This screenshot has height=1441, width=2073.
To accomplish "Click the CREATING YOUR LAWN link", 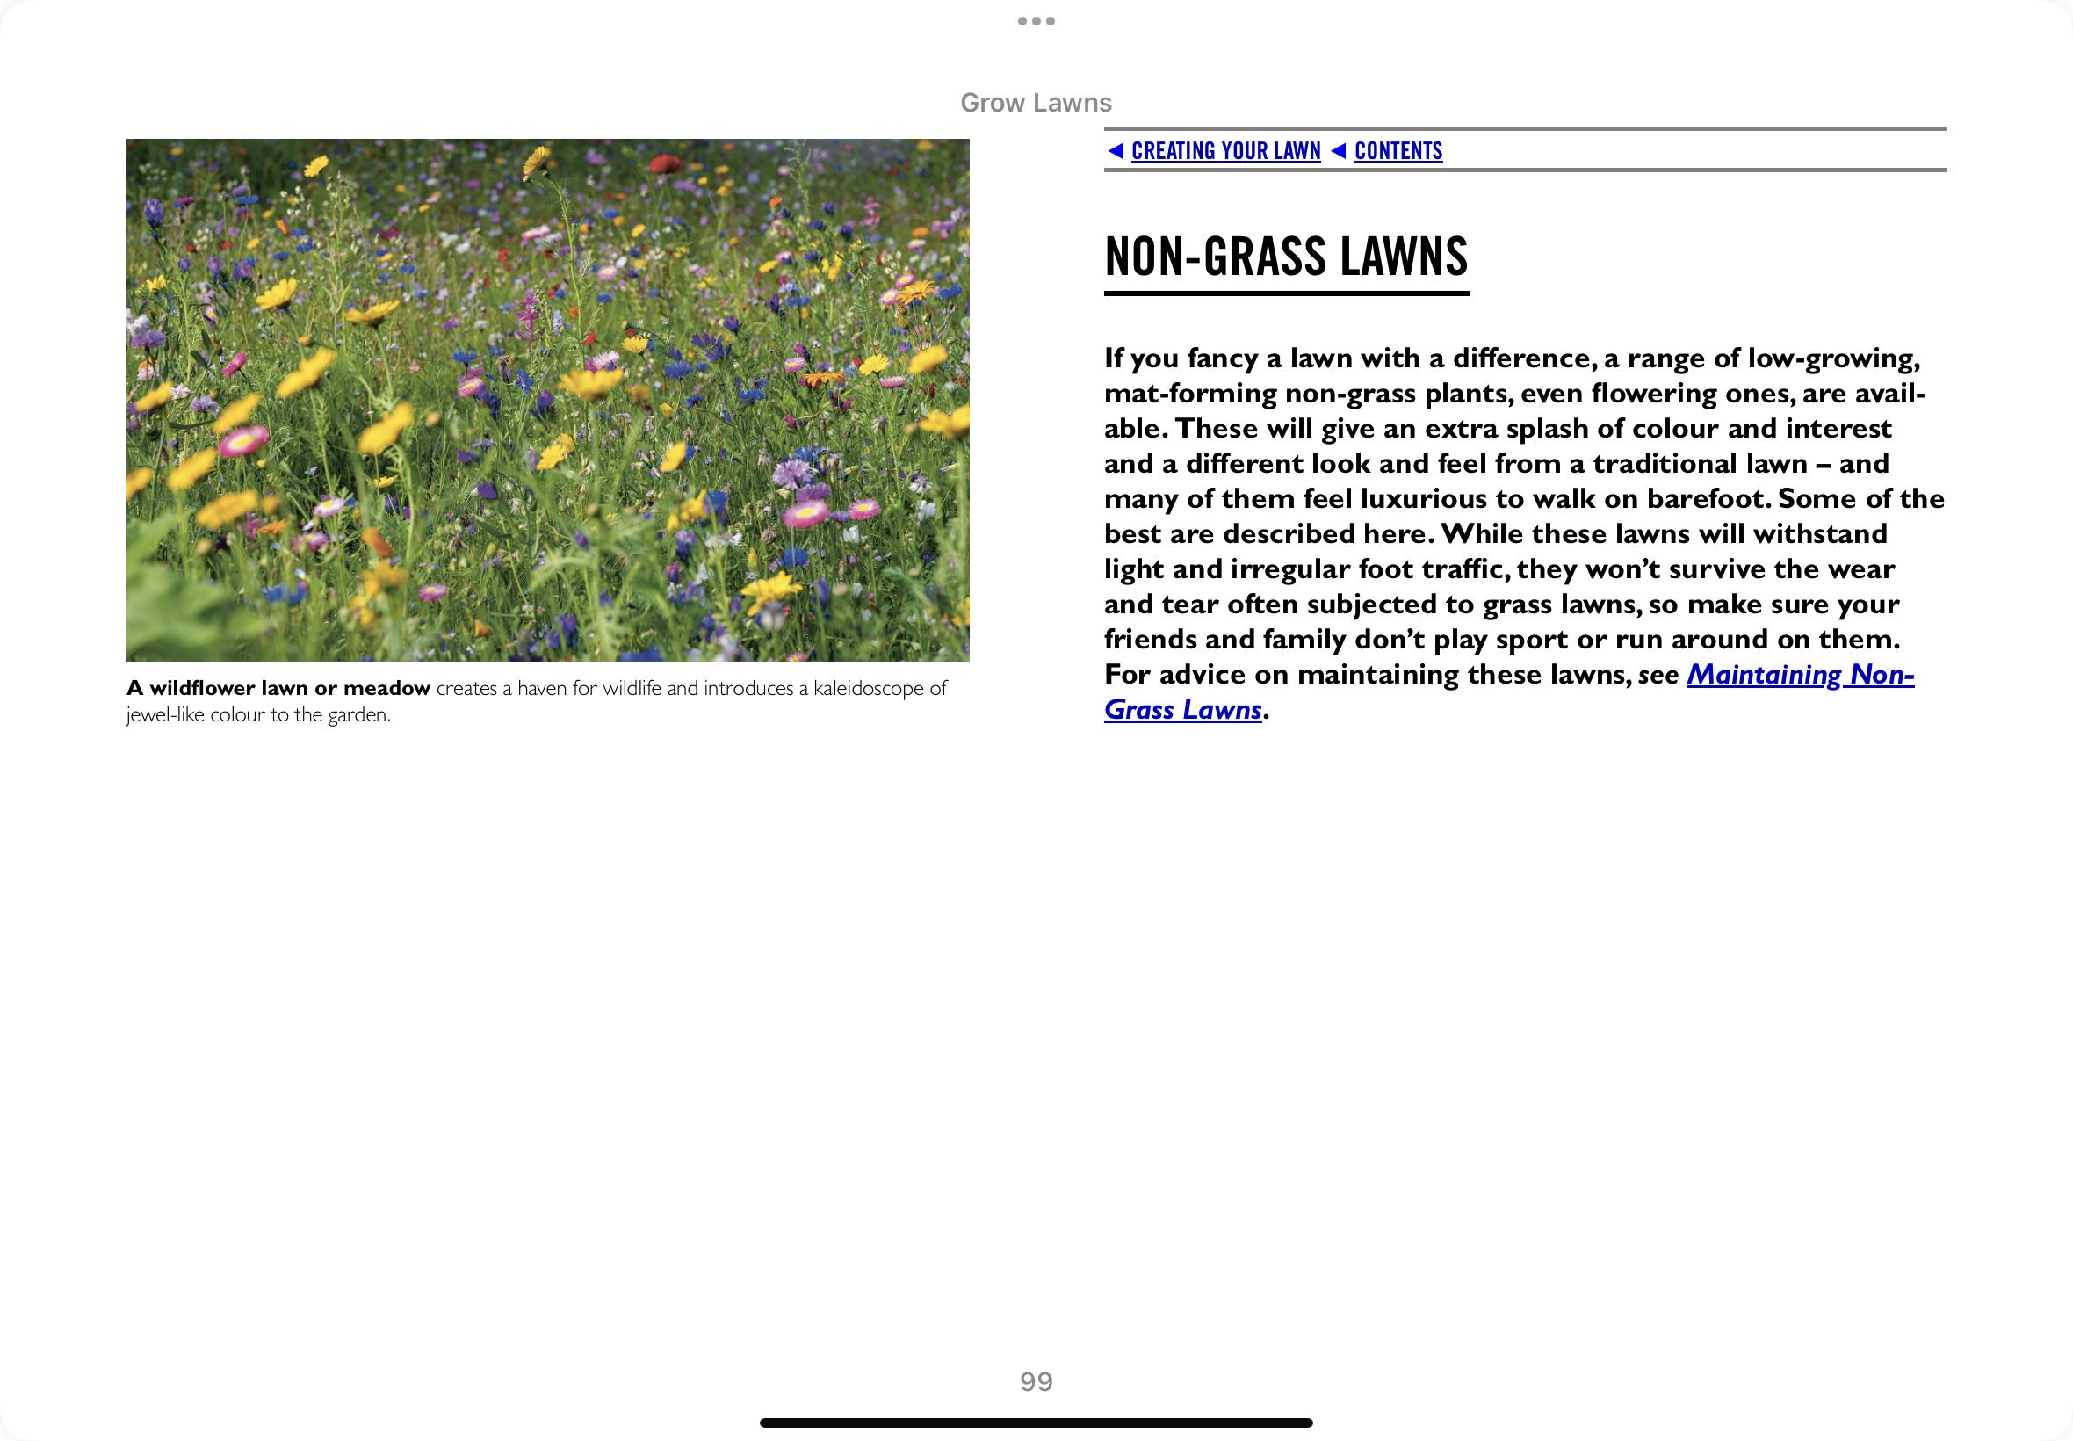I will tap(1225, 151).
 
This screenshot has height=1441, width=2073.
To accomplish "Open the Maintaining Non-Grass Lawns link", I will tap(1800, 675).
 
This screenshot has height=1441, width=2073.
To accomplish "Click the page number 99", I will tap(1036, 1381).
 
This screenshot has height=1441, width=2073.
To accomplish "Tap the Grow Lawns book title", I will tap(1035, 103).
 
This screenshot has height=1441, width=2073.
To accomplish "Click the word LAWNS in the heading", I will tap(1404, 257).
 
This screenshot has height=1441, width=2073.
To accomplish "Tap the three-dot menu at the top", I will tap(1036, 21).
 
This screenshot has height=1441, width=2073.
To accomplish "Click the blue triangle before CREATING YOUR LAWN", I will tap(1116, 151).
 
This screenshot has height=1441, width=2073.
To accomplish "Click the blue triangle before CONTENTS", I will tap(1339, 151).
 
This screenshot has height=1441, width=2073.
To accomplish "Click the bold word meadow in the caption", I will tap(386, 689).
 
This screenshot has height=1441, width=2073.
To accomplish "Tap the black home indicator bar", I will tap(1036, 1423).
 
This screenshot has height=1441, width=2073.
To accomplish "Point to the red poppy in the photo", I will tap(665, 163).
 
